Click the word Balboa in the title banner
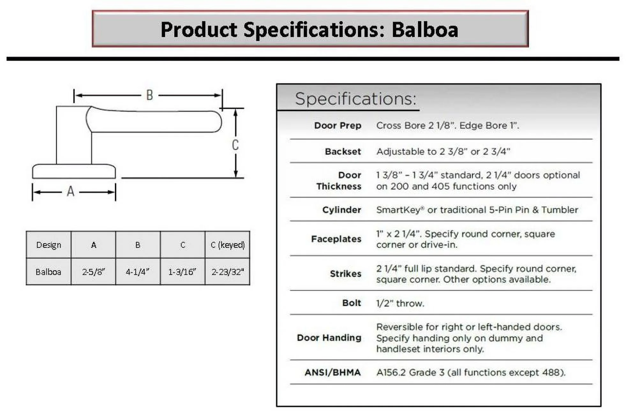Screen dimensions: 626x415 coord(425,30)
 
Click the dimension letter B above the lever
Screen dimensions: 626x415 coord(150,95)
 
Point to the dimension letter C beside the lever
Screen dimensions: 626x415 coord(235,145)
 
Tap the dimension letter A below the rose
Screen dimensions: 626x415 coord(71,192)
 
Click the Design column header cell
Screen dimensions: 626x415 coord(48,245)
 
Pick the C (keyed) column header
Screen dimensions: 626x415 coord(227,245)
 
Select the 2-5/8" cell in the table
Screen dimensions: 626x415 coord(93,272)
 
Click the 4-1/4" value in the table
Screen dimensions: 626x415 coord(138,272)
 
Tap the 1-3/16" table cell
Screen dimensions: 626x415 coord(183,272)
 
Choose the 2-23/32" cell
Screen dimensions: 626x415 coord(227,272)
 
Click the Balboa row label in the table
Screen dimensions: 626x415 coord(48,272)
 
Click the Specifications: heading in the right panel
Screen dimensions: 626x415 coord(356,99)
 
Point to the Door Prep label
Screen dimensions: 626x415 coord(338,125)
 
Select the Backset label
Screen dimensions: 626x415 coord(343,151)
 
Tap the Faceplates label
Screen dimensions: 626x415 coord(336,239)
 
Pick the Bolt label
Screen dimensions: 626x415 coord(352,303)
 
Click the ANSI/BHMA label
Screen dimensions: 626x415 coord(333,373)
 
